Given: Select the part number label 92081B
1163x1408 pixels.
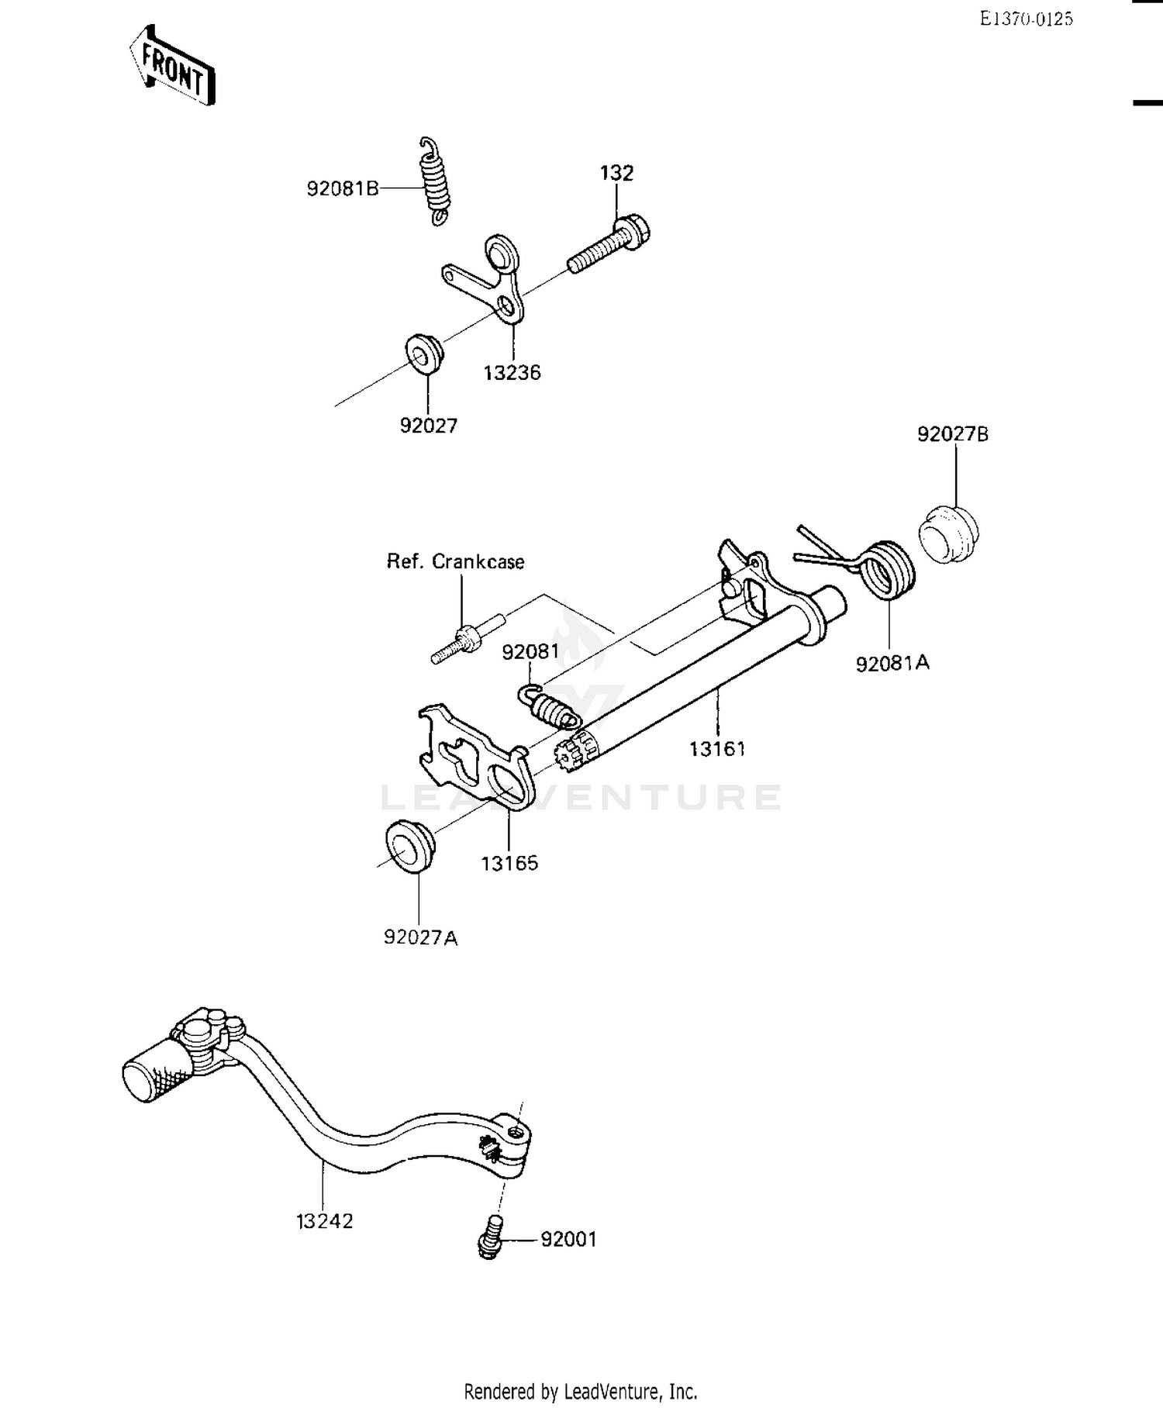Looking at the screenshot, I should point(343,188).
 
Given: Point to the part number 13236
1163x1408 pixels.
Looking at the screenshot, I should point(512,373).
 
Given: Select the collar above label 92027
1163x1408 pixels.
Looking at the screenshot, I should point(425,353).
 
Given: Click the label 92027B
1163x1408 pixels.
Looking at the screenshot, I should point(952,434).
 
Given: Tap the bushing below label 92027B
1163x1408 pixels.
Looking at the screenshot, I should point(948,534).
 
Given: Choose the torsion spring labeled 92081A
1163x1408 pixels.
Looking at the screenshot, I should point(888,570).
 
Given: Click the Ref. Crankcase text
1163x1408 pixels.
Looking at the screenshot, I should point(455,561).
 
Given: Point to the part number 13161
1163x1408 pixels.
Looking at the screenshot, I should point(717,749).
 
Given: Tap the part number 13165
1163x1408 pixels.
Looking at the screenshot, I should point(509,863).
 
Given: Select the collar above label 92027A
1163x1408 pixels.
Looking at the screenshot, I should point(409,845).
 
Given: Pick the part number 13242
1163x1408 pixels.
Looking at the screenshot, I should point(324,1221).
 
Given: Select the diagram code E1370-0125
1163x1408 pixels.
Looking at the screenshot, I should point(1026,19).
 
